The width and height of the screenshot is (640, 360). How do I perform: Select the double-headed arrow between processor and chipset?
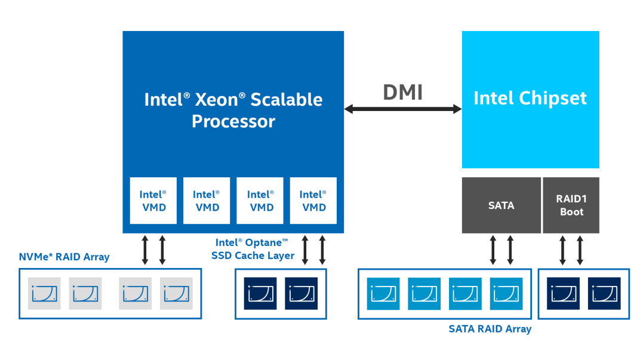coord(403,109)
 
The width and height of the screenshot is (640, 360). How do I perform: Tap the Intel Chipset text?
coord(530,99)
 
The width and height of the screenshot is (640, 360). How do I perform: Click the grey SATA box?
coord(501,205)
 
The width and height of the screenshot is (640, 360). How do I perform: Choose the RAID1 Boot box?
coord(571,205)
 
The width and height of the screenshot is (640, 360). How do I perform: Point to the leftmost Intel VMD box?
coord(153,201)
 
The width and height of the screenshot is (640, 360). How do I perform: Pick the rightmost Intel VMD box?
coord(313,201)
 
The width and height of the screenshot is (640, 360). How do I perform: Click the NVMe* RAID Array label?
coord(64,257)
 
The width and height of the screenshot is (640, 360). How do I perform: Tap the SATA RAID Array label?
coord(490,329)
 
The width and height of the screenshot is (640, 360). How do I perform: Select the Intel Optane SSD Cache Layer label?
coord(253,249)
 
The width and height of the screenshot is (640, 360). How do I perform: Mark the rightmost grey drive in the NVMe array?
coord(176,293)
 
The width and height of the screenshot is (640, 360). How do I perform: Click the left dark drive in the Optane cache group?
coord(260,293)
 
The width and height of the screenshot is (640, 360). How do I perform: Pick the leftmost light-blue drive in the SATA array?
coord(383,293)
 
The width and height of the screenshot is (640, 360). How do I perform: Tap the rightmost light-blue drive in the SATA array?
coord(506,293)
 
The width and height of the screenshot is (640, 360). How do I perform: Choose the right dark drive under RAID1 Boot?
coord(604,293)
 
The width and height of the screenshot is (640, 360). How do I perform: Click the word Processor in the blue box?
coord(233,122)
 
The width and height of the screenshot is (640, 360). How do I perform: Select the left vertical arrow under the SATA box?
coord(493,250)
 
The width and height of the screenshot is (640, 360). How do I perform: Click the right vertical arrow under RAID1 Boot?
coord(580,250)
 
